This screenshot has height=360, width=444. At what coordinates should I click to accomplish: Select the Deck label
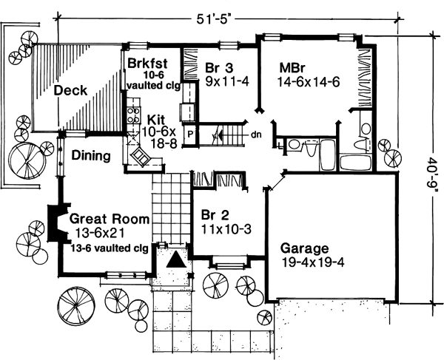tap(70, 91)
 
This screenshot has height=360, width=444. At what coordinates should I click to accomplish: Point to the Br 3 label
tap(220, 69)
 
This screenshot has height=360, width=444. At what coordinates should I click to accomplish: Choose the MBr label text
tap(292, 69)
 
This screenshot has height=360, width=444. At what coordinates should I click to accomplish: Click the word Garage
tap(306, 248)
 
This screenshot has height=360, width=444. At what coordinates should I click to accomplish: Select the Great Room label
tap(109, 220)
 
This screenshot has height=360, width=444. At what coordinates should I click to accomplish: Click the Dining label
tap(91, 156)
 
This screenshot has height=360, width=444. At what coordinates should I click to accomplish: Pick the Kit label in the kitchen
tap(156, 118)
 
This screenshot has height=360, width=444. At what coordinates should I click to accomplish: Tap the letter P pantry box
tap(189, 135)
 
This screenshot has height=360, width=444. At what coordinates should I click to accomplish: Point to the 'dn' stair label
tap(255, 135)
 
